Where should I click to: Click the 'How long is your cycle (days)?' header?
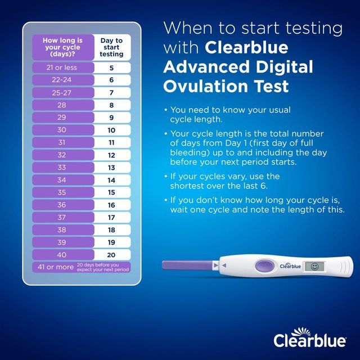coord(62,47)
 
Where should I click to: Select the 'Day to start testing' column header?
coord(111,47)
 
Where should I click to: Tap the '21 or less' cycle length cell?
coord(62,68)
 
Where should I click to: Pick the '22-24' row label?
coord(62,80)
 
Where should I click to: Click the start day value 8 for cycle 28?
coord(111,105)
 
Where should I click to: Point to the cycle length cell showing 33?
coord(62,168)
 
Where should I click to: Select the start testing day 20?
coord(111,255)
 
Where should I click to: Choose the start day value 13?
coord(111,168)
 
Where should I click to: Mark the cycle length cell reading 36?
coord(62,205)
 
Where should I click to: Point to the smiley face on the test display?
coord(314,265)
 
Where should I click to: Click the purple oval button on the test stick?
coord(263,265)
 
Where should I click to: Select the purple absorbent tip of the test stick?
coord(186,264)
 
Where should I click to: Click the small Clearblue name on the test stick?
coord(290,266)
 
